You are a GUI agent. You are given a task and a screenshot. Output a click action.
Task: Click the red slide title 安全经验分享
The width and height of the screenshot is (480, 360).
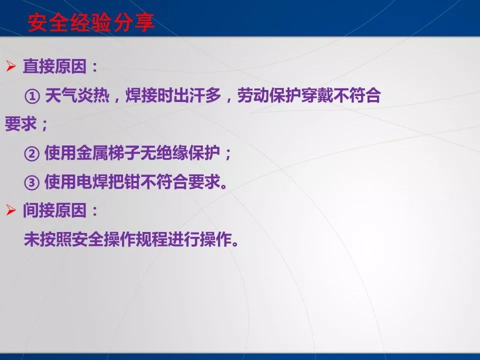(x=90, y=23)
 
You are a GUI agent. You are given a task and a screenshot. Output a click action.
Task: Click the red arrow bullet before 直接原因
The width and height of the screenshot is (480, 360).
(x=11, y=67)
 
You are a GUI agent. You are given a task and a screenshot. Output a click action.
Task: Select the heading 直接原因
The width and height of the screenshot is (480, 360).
(x=54, y=67)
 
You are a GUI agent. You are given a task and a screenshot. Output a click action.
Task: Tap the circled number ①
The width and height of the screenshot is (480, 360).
(x=31, y=96)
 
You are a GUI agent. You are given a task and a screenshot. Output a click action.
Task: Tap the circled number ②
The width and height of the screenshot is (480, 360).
(x=31, y=153)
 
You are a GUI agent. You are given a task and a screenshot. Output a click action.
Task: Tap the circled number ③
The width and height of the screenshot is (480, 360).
(x=31, y=182)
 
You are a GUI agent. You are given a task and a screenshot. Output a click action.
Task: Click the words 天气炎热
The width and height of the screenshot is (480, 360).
(x=76, y=96)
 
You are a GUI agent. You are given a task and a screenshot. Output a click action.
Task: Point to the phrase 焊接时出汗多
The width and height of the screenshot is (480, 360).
(x=171, y=96)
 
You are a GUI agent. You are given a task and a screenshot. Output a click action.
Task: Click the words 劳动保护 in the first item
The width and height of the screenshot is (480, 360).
(x=268, y=96)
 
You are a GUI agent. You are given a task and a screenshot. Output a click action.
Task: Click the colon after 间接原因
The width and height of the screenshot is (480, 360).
(x=94, y=211)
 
